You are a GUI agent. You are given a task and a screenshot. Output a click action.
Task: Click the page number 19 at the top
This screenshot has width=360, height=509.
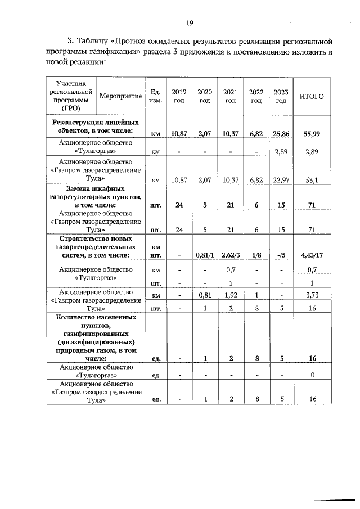[x=190, y=22]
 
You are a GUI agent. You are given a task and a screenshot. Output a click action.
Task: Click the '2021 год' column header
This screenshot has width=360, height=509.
[x=230, y=96]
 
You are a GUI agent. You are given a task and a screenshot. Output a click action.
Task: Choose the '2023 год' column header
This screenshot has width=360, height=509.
[x=281, y=96]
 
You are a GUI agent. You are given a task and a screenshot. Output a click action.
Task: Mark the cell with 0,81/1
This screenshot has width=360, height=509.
[x=204, y=256]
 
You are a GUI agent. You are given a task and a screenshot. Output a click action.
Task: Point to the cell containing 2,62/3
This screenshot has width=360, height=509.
[x=230, y=256]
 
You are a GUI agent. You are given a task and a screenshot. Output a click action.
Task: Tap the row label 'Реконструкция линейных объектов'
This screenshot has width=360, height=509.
[x=95, y=126]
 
